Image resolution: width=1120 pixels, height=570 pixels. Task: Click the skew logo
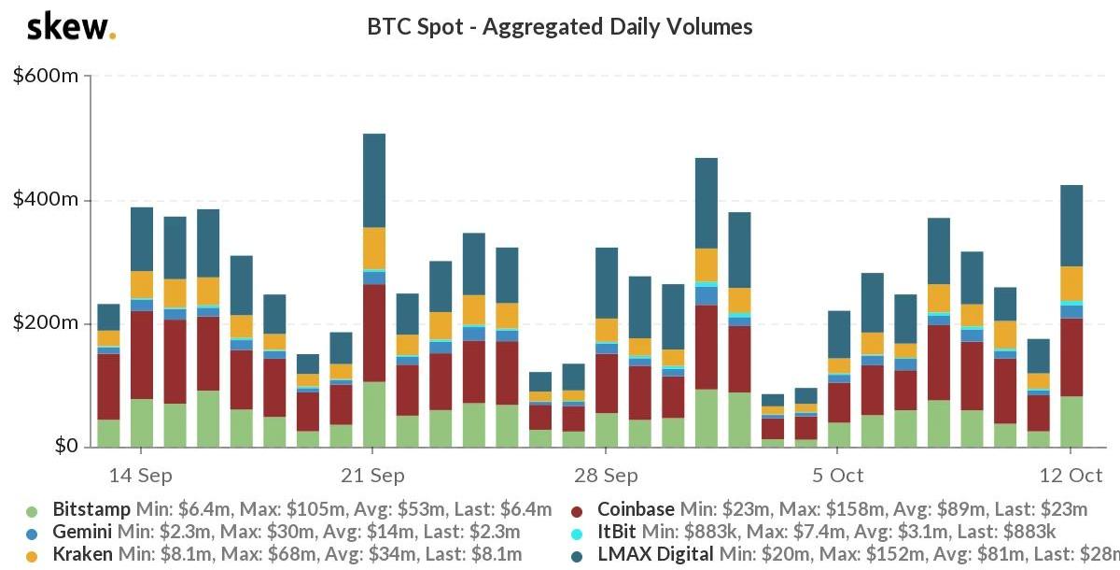[x=71, y=27]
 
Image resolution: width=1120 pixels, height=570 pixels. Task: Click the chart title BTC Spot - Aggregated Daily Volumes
[x=560, y=27]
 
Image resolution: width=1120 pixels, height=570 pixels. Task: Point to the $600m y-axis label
[x=46, y=76]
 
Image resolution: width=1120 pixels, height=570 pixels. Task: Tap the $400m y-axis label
[x=46, y=200]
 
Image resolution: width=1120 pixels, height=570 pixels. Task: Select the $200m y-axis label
[x=46, y=323]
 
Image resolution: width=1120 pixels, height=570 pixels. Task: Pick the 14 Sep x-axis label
[x=141, y=476]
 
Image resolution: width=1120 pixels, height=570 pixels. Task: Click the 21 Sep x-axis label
[x=373, y=476]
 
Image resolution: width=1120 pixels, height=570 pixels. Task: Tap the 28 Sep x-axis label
[x=606, y=476]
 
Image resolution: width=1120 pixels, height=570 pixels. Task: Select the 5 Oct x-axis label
[x=838, y=476]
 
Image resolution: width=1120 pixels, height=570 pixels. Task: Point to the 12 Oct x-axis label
[x=1071, y=476]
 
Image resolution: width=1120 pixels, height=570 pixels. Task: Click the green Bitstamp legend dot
[x=33, y=511]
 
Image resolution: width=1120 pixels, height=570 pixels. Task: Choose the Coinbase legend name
[x=636, y=510]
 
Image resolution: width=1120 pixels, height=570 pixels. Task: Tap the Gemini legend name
[x=83, y=533]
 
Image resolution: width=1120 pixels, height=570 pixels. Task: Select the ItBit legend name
[x=617, y=533]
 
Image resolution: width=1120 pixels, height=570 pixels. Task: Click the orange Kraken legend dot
[x=33, y=556]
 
